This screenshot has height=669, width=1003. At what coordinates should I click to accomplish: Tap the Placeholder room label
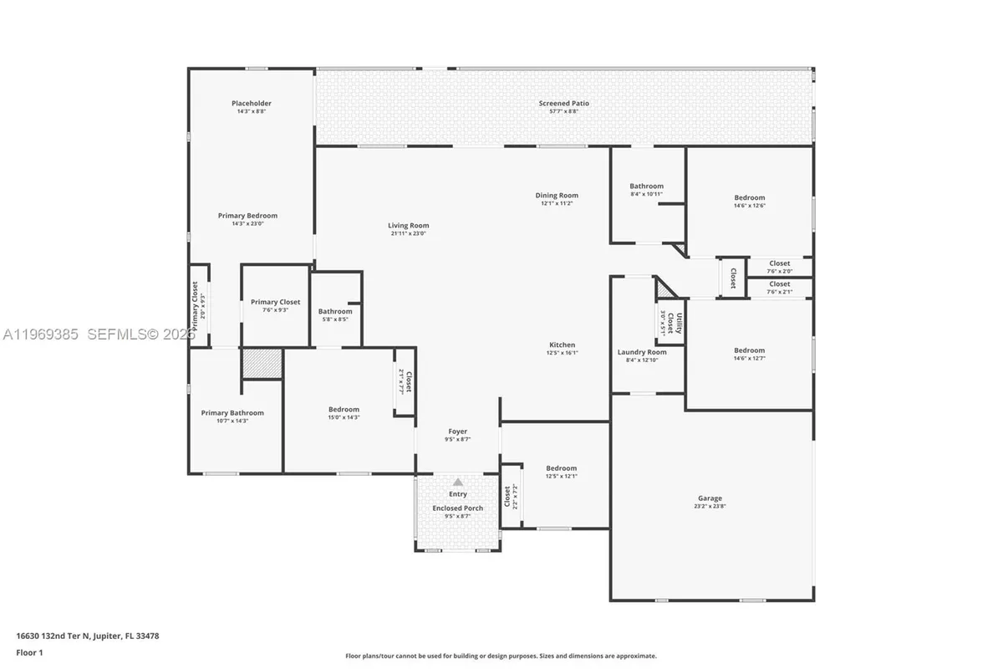click(x=252, y=104)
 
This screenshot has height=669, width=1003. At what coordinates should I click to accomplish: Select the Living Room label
click(x=408, y=225)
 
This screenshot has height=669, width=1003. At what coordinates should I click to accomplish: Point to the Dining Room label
click(x=557, y=196)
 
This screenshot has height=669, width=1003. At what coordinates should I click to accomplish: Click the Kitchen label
click(x=562, y=345)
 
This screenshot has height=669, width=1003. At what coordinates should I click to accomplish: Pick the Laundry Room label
click(x=642, y=352)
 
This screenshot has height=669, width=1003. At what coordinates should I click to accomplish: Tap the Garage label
click(x=710, y=498)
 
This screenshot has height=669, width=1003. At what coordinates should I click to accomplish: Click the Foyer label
click(x=457, y=432)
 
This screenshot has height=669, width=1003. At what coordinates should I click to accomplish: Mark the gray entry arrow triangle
click(x=458, y=483)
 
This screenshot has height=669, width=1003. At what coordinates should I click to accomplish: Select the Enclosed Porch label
click(x=457, y=508)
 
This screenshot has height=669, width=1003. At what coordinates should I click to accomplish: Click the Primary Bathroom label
click(x=232, y=412)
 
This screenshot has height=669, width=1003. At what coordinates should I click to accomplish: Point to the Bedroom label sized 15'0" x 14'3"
click(x=344, y=409)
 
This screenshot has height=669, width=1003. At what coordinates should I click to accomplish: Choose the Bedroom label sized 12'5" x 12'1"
click(x=561, y=468)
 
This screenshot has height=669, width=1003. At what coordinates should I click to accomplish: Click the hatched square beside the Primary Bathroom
click(x=262, y=364)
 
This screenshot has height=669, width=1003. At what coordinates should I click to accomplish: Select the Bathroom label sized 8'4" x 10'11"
click(x=646, y=186)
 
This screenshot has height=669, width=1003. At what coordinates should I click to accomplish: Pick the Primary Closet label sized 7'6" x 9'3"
click(x=275, y=302)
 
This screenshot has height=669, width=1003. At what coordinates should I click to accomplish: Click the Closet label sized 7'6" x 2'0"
click(x=779, y=263)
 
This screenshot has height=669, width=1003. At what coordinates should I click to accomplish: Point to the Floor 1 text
click(x=29, y=651)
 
